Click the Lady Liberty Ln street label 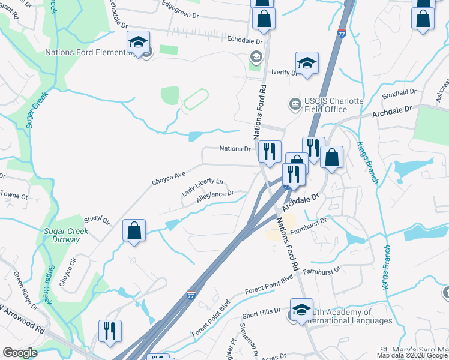tap(202, 187)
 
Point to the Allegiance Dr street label tap(214, 197)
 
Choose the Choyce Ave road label tap(169, 177)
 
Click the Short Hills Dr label tap(262, 313)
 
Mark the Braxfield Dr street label tap(399, 93)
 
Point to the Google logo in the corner tap(20, 353)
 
